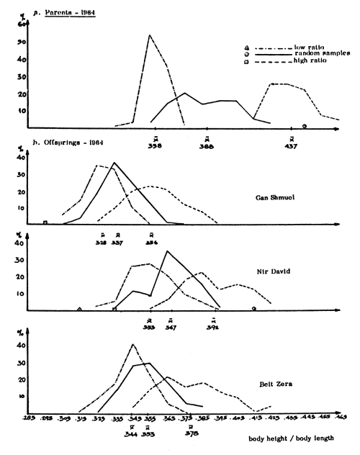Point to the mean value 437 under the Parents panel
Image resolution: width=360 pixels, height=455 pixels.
click(x=292, y=146)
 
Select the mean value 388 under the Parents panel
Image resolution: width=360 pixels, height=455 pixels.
click(x=207, y=146)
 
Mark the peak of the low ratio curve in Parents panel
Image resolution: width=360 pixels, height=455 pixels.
click(x=150, y=35)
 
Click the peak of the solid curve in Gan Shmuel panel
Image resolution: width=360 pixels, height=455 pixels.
click(x=114, y=163)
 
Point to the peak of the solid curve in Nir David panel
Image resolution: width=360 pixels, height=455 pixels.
click(x=167, y=251)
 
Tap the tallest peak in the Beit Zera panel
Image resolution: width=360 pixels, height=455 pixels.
click(x=133, y=344)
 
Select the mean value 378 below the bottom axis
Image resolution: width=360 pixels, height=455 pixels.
click(x=191, y=434)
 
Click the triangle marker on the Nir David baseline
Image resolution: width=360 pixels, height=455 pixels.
click(x=79, y=309)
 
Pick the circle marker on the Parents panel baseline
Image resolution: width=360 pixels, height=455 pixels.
click(x=305, y=126)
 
